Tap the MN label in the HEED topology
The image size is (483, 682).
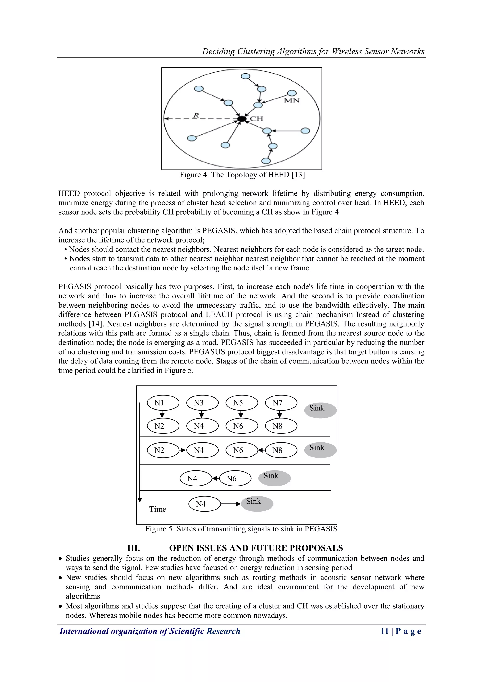tap(291, 101)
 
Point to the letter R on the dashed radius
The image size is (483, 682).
tap(196, 115)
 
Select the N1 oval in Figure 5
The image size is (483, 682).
tap(163, 403)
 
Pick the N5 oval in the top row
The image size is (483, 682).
tap(241, 403)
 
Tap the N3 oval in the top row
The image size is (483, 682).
tap(202, 403)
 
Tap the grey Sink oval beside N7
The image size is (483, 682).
tap(320, 410)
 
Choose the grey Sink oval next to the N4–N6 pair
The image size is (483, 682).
tap(274, 478)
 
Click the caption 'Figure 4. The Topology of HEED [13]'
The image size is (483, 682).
tap(242, 175)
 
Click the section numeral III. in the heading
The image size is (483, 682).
tap(133, 548)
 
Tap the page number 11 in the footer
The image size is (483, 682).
tap(385, 631)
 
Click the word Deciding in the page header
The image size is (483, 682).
tap(218, 51)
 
